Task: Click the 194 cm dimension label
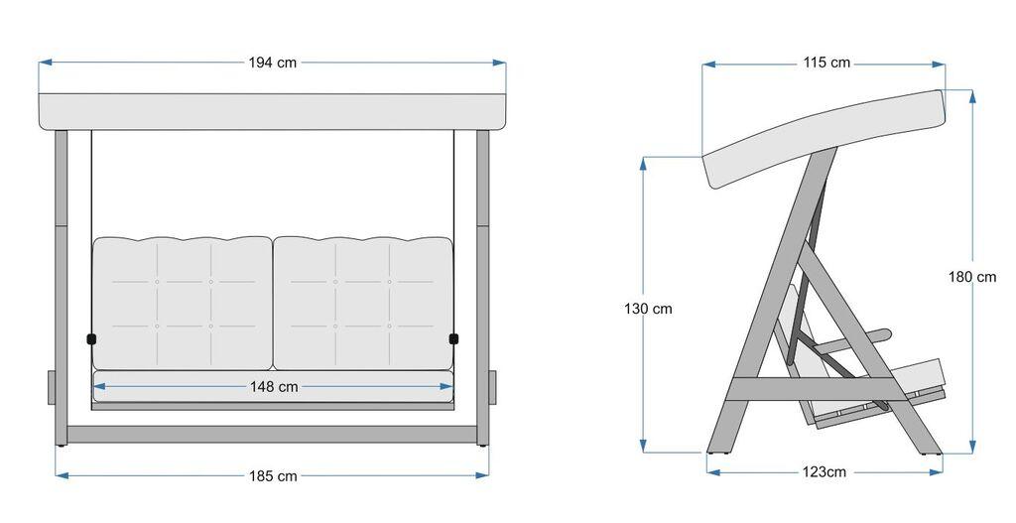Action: [273, 63]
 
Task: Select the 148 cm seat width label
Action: [274, 386]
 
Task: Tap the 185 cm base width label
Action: [273, 476]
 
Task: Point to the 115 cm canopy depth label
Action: [826, 63]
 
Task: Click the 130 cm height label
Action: [648, 309]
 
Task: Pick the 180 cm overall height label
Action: [972, 277]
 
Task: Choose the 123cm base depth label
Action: [824, 471]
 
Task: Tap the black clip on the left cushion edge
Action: [92, 339]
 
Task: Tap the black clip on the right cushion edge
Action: [454, 339]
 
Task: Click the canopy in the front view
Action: [273, 111]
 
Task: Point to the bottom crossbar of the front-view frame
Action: [273, 435]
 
